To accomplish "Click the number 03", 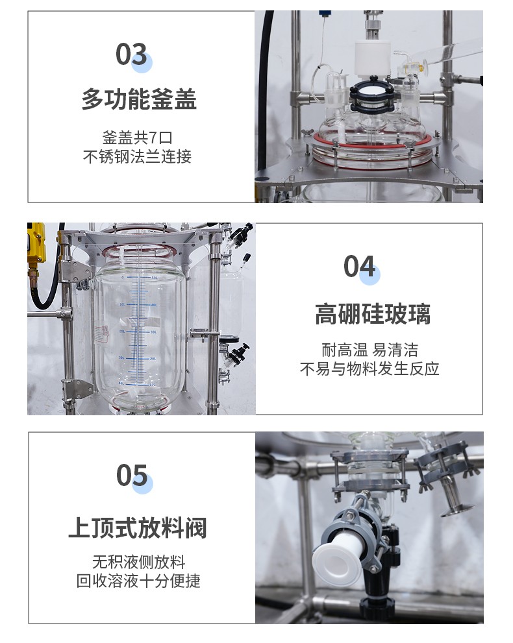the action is tap(131, 54).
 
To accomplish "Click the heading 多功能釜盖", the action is tap(139, 99).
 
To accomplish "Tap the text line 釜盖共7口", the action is tap(137, 138).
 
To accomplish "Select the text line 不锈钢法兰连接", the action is tap(137, 156).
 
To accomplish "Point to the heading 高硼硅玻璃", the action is tap(373, 314).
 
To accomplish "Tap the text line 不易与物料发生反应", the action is tap(369, 369).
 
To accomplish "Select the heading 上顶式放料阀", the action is tap(138, 528).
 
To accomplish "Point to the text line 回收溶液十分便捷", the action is tap(138, 581).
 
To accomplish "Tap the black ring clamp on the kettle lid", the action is tap(371, 97).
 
